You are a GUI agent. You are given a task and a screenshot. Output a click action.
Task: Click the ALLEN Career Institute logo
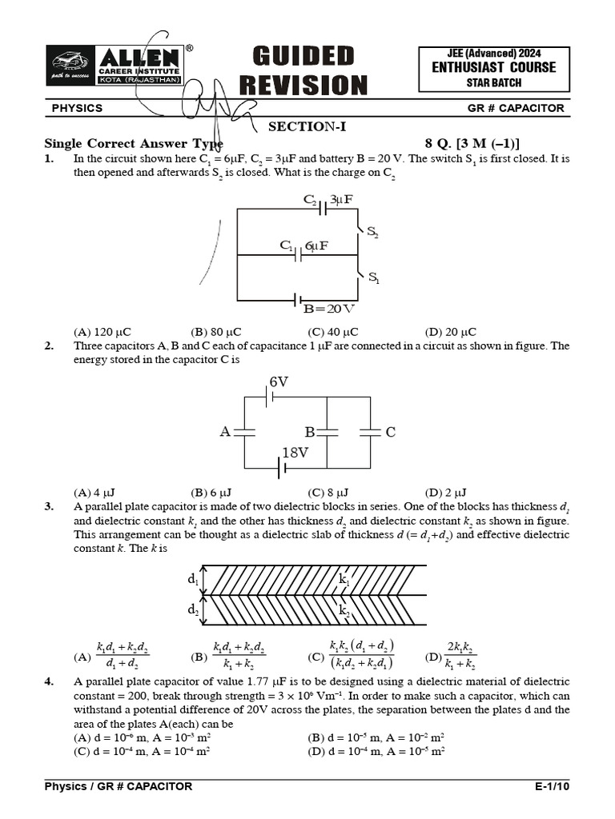pos(115,66)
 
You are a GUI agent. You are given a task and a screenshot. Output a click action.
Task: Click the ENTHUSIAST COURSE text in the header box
pos(493,67)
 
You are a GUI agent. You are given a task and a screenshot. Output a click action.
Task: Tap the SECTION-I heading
pos(307,126)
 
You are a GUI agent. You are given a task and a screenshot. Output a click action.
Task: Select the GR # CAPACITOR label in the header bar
pos(516,108)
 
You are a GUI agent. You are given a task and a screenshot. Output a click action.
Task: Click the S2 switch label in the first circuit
pos(373,233)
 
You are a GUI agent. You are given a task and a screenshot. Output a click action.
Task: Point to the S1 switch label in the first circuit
pos(374,278)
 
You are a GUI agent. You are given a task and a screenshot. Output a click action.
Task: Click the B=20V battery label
pos(328,308)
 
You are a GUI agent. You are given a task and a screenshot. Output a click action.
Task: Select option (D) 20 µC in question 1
pos(450,332)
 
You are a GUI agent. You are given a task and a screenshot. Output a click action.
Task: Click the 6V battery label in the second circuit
pos(279,382)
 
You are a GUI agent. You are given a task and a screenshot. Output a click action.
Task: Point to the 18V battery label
pos(295,453)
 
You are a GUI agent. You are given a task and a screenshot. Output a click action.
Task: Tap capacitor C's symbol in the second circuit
pos(370,432)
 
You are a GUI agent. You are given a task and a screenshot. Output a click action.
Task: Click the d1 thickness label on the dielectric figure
pos(193,577)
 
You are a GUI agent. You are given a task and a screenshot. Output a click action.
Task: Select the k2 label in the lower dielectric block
pos(345,610)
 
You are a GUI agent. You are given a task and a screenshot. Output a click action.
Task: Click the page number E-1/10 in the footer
pos(552,786)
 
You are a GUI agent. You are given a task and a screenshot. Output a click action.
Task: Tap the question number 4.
pos(49,681)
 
